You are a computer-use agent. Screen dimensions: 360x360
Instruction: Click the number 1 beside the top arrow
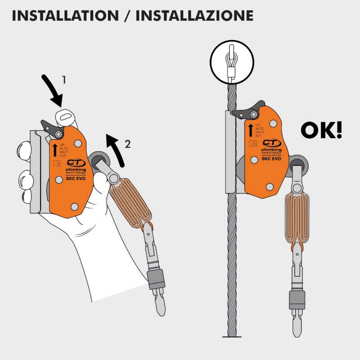tap(64, 80)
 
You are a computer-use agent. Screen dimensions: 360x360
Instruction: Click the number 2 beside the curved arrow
tap(127, 144)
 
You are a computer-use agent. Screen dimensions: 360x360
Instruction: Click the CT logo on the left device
tap(74, 163)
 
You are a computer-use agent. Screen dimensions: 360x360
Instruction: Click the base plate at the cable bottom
tap(232, 336)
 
